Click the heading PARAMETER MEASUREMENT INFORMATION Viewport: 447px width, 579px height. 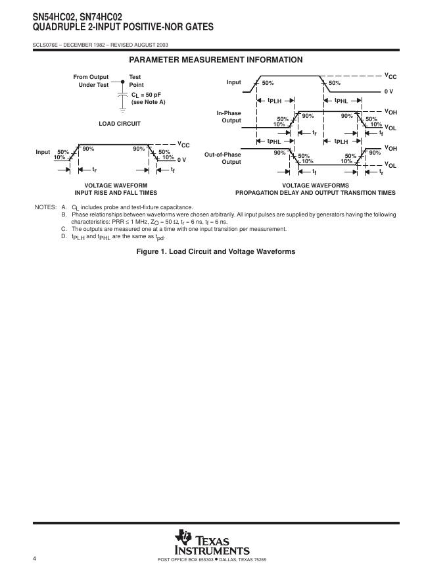click(216, 60)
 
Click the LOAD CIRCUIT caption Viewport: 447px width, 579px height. click(120, 123)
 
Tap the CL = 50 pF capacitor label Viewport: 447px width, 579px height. click(147, 95)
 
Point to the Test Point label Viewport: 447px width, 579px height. click(136, 81)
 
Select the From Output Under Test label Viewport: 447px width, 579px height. click(91, 81)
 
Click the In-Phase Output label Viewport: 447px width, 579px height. click(229, 116)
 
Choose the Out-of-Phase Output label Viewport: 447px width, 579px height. click(222, 158)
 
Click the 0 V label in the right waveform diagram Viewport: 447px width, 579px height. click(388, 91)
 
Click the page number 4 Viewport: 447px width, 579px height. click(34, 559)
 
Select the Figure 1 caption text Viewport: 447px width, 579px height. click(216, 251)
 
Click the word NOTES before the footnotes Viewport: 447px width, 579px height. click(45, 207)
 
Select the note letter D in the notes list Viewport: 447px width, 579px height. click(64, 236)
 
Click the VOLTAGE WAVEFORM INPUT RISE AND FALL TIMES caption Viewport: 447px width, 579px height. click(116, 189)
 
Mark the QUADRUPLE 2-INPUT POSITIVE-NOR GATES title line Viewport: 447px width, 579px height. click(113, 27)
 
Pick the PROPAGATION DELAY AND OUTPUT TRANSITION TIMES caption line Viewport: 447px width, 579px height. click(316, 193)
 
